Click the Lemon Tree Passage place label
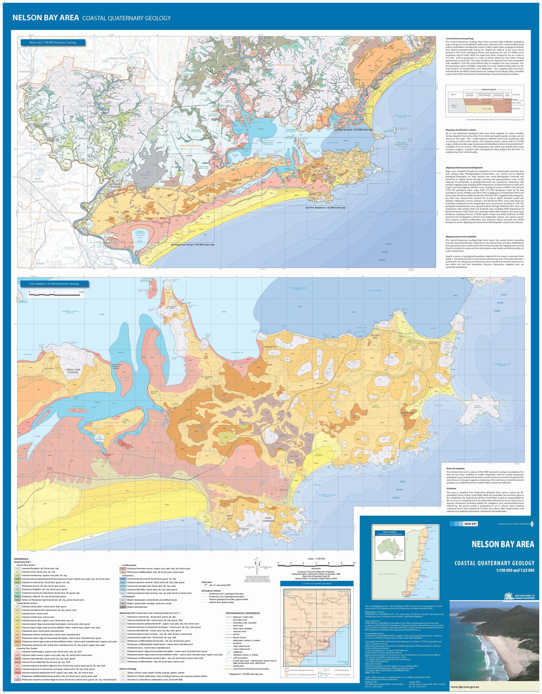point(73,371)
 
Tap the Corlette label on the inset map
point(270,347)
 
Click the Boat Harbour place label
point(268,520)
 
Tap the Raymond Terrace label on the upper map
point(115,186)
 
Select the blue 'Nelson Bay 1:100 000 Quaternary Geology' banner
point(53,42)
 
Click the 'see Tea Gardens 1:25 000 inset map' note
point(353,130)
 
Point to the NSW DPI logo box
point(470,524)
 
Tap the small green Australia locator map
point(389,548)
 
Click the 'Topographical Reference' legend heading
point(242,613)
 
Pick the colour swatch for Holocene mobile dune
point(17,617)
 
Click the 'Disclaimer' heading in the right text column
point(451,488)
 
